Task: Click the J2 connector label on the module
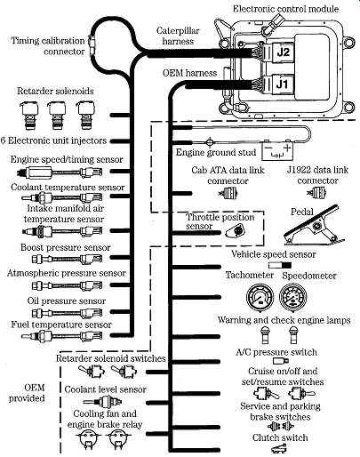click(283, 52)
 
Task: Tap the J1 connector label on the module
click(282, 84)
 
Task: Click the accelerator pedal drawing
click(313, 225)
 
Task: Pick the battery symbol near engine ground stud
click(277, 150)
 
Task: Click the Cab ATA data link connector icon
click(228, 194)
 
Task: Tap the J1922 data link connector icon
click(316, 193)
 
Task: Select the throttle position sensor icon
click(235, 231)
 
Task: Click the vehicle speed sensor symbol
click(280, 265)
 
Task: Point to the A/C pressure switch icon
click(280, 361)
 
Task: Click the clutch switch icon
click(277, 449)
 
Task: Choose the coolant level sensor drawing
click(102, 402)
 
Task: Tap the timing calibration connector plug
click(93, 45)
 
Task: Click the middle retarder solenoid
click(57, 115)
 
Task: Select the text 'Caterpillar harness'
click(178, 36)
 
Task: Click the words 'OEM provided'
click(27, 393)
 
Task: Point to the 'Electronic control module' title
click(285, 9)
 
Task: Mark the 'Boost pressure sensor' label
click(65, 247)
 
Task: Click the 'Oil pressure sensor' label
click(67, 301)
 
